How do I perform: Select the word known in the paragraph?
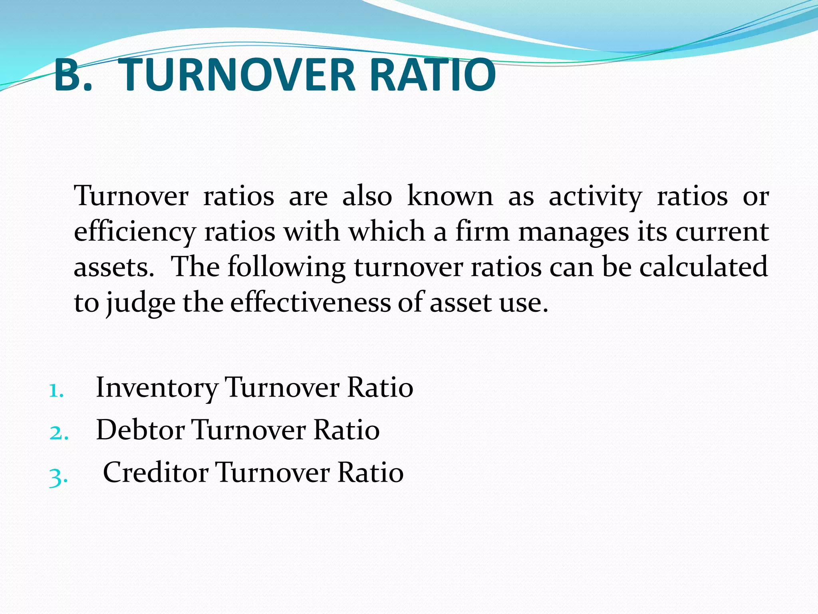450,196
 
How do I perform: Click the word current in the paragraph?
722,232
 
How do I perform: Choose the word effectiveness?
310,303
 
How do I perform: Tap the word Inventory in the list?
157,388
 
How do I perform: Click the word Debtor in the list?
140,430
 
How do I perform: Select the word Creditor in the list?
155,472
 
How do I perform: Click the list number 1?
56,391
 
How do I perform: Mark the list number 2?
58,433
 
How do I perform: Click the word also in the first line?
367,196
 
